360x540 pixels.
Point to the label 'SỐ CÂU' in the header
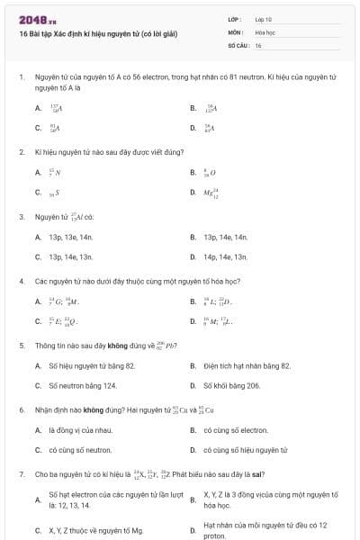click(238, 45)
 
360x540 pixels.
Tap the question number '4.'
click(22, 281)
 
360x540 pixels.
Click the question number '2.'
click(22, 152)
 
